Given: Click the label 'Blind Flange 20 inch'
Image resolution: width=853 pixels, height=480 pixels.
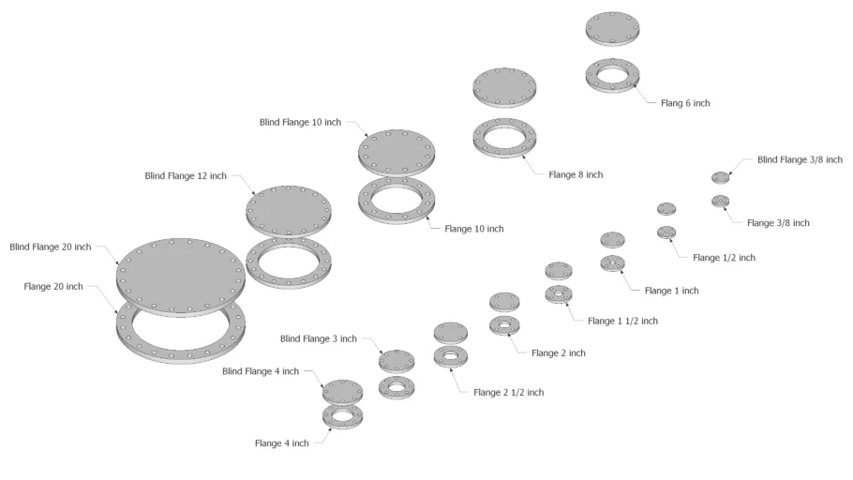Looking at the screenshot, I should coord(50,247).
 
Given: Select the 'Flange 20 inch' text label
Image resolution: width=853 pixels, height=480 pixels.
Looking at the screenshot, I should coord(53,286).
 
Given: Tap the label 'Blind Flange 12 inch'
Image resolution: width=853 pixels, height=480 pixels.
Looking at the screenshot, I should coord(186,175).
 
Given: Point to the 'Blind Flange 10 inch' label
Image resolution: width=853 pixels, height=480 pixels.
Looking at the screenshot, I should coord(300,122).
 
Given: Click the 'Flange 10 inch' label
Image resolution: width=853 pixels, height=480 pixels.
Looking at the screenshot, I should coord(473,229).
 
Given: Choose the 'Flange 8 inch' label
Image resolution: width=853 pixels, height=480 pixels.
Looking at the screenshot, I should coord(576,174).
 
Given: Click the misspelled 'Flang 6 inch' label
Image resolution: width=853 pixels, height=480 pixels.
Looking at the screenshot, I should coord(685,103).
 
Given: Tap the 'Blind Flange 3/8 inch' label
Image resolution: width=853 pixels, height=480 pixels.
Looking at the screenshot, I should coord(800,159).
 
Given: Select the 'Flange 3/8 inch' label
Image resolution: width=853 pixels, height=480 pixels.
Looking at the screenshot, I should coord(778,223).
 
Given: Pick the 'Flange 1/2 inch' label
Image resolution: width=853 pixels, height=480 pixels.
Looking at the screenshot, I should coord(724,257).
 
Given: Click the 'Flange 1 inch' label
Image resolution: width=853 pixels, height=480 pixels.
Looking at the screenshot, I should coord(672,291).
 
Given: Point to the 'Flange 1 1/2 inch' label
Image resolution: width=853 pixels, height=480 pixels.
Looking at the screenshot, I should coord(622,321).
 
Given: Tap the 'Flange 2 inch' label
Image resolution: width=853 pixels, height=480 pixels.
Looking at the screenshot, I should coord(558,352).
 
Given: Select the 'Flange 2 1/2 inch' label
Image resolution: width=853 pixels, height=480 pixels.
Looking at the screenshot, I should coord(508,392).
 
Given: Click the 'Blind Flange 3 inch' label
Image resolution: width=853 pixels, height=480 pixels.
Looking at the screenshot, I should coord(318,338).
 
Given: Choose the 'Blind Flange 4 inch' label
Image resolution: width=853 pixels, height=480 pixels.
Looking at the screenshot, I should coord(261,371).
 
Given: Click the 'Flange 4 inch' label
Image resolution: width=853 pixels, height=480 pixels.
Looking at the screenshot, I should coord(281,443).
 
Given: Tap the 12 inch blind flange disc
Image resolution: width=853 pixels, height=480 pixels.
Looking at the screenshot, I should coord(288,206).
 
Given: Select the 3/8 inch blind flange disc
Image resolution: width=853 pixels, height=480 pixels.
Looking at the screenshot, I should coord(720,176).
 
